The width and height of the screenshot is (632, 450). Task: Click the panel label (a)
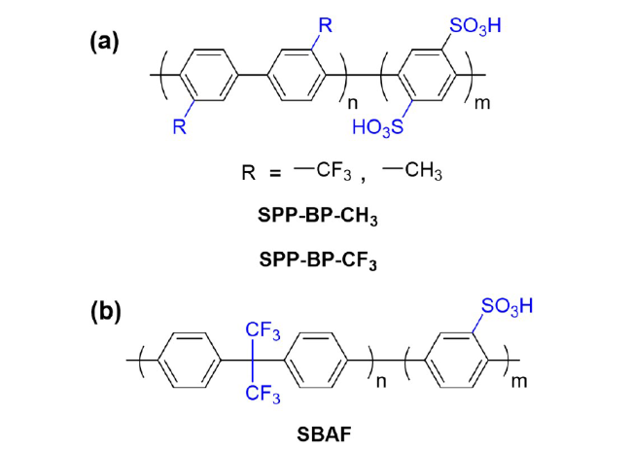(104, 43)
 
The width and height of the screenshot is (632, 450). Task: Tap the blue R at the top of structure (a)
(326, 25)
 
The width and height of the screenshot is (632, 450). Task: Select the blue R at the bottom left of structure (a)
(180, 126)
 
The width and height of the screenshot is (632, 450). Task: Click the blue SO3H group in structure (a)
(475, 26)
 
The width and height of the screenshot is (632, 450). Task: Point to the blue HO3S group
(377, 127)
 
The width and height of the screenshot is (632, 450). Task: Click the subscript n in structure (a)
(352, 103)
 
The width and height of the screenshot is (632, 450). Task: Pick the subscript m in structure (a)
(482, 103)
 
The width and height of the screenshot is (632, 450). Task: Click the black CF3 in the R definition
(334, 171)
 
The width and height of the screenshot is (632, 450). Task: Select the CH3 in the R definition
(424, 171)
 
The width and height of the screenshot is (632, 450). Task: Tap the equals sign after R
(275, 174)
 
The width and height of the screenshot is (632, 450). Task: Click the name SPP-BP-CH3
(318, 217)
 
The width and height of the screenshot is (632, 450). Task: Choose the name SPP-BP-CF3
(318, 260)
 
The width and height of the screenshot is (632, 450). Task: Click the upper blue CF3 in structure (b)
(263, 331)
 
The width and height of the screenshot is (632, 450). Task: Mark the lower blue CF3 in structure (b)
(263, 393)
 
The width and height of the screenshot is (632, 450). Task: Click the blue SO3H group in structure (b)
(507, 307)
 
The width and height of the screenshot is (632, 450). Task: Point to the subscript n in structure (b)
(381, 382)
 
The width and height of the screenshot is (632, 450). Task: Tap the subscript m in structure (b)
(519, 382)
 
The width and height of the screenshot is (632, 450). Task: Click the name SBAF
(324, 435)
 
